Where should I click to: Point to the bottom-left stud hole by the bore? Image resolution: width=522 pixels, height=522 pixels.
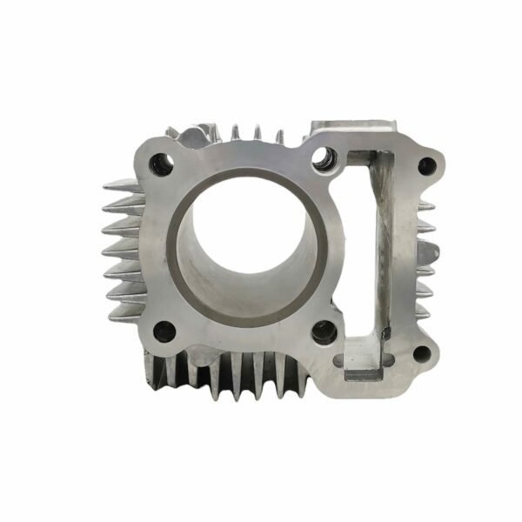pos(162,330)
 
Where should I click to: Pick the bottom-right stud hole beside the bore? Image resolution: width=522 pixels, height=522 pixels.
pos(324,331)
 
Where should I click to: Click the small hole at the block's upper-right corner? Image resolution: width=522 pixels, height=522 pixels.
pos(426,164)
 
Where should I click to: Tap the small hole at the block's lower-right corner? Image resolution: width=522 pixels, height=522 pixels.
pos(423,353)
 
